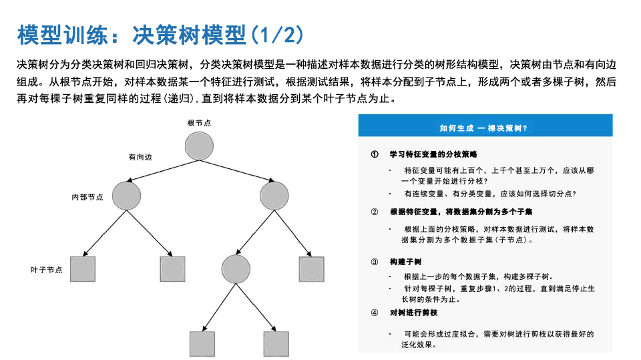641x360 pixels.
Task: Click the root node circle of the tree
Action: [x=199, y=147]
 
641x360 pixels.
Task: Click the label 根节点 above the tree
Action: [x=199, y=123]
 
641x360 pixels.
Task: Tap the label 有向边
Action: [x=140, y=157]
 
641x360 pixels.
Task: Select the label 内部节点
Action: [x=87, y=197]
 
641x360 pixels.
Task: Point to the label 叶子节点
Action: [x=47, y=270]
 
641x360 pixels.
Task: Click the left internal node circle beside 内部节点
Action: [x=127, y=195]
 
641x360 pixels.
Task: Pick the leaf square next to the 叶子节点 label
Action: [x=83, y=268]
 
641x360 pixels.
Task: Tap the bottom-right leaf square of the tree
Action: [x=276, y=343]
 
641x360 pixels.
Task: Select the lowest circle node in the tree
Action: [x=236, y=268]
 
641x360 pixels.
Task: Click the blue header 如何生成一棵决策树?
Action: [x=485, y=127]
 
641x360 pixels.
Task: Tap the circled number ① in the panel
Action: [x=375, y=154]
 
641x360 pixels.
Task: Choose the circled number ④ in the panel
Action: [x=375, y=313]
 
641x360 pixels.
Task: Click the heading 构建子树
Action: [x=406, y=262]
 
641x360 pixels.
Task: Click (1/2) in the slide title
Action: [x=276, y=34]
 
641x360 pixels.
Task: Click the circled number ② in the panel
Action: [x=375, y=212]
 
